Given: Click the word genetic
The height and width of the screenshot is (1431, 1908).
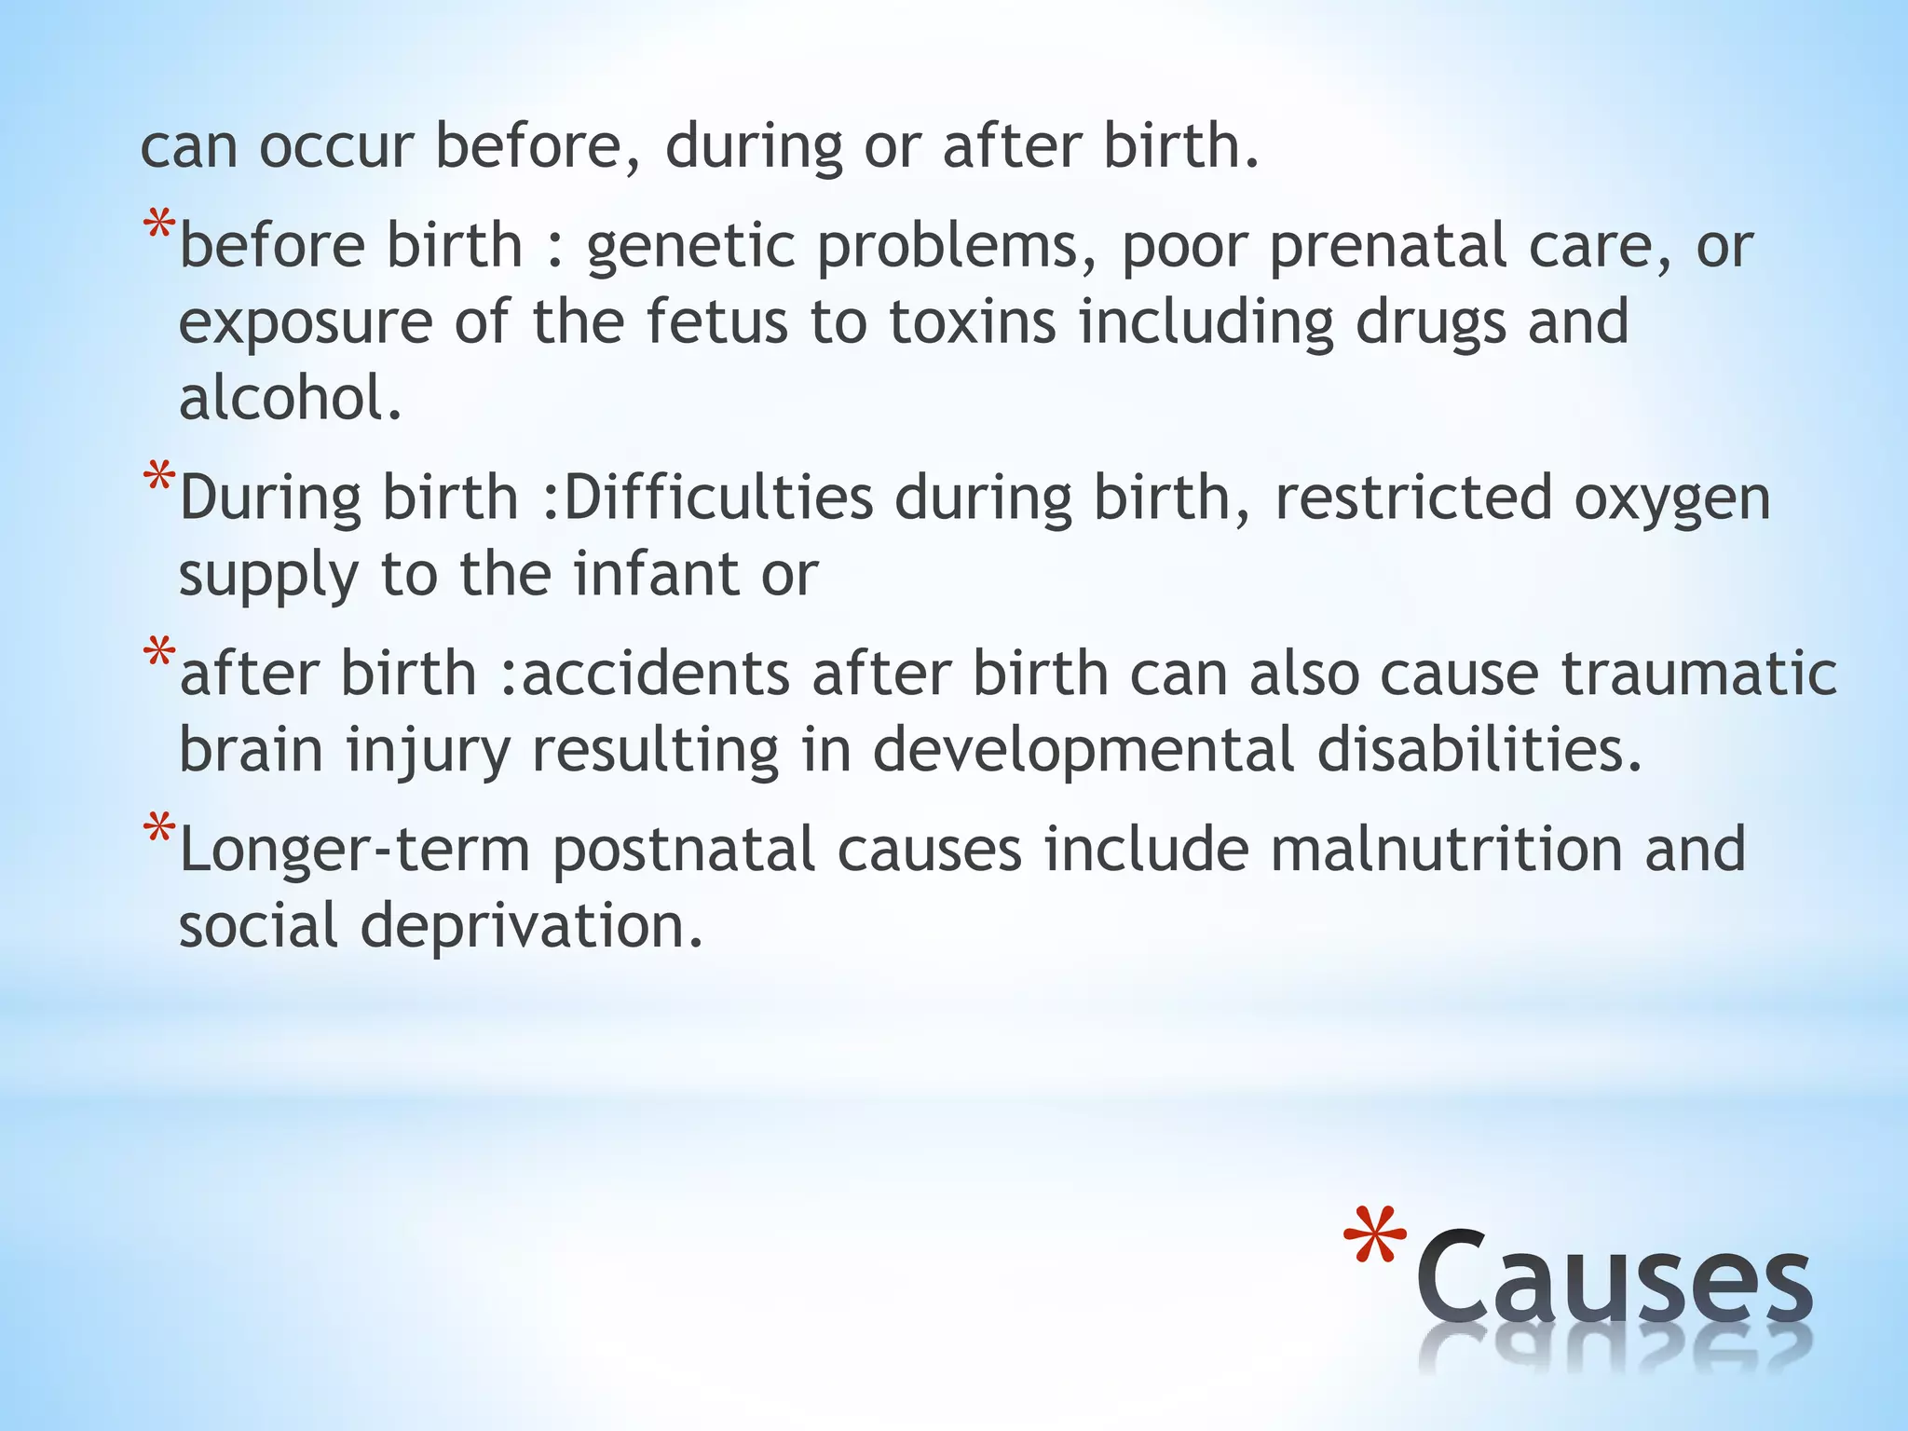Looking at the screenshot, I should point(690,248).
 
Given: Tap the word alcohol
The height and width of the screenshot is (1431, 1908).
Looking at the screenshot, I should point(290,398).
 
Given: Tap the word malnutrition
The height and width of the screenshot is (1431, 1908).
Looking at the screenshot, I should point(1446,851).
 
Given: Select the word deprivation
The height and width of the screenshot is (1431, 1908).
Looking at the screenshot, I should point(532,927).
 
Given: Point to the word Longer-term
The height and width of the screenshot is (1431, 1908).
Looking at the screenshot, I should point(355,851).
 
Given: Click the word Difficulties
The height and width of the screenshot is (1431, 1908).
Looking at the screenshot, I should point(718,498).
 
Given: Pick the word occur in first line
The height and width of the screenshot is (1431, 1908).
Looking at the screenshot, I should point(335,147).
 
